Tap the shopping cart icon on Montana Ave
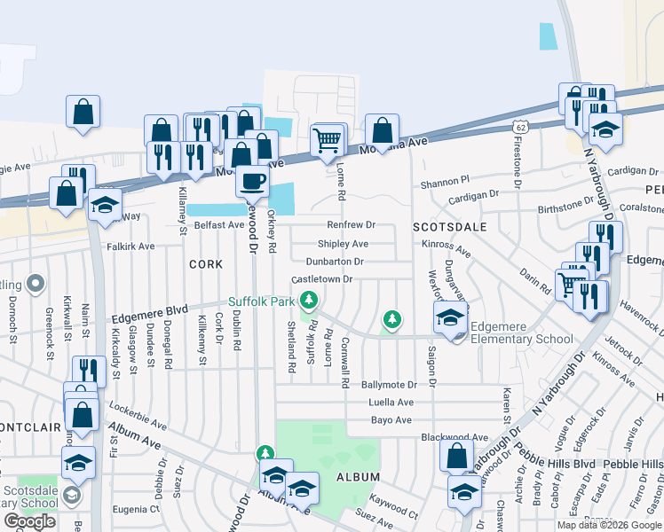coord(327,140)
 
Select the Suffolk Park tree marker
coord(309,301)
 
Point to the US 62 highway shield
coord(520,128)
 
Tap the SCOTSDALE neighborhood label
coord(449,227)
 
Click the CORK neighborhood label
coord(205,264)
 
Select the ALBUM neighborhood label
coord(358,477)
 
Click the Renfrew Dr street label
coord(352,225)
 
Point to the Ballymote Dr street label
coord(389,385)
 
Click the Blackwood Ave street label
coord(455,437)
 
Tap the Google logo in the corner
coord(29,521)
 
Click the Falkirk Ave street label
coord(130,246)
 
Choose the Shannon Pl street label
coord(444,183)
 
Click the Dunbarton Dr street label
coord(334,262)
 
